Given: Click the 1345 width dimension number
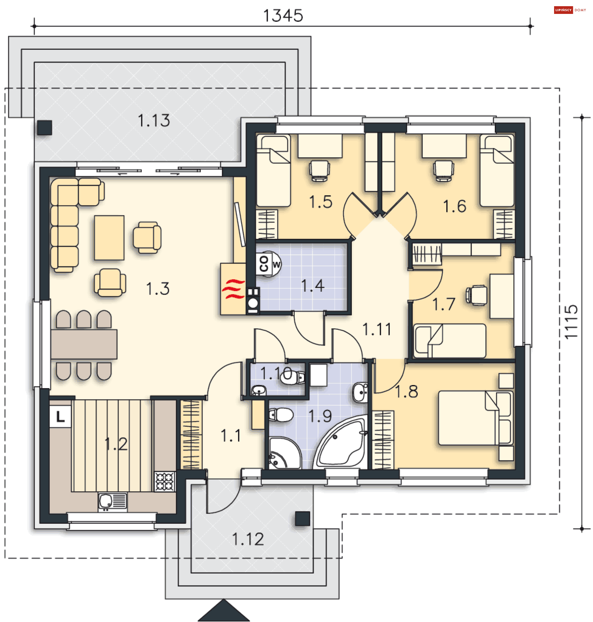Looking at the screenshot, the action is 283,15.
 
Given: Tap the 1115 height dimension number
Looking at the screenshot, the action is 571,322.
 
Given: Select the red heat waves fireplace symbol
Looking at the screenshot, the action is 233,289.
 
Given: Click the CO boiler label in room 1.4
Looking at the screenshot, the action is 264,264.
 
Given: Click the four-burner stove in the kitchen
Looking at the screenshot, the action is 164,481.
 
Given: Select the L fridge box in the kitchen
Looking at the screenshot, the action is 60,417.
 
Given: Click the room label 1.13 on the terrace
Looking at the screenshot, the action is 154,121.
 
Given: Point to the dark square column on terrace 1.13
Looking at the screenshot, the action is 44,128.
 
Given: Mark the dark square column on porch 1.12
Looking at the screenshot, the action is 302,518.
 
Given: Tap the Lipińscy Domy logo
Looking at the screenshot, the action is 570,10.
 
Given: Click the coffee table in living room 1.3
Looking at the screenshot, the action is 109,238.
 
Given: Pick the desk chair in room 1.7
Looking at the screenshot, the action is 477,295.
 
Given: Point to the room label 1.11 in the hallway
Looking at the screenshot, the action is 377,329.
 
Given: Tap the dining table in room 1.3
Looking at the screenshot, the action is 84,344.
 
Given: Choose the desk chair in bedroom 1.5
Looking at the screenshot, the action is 319,171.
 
